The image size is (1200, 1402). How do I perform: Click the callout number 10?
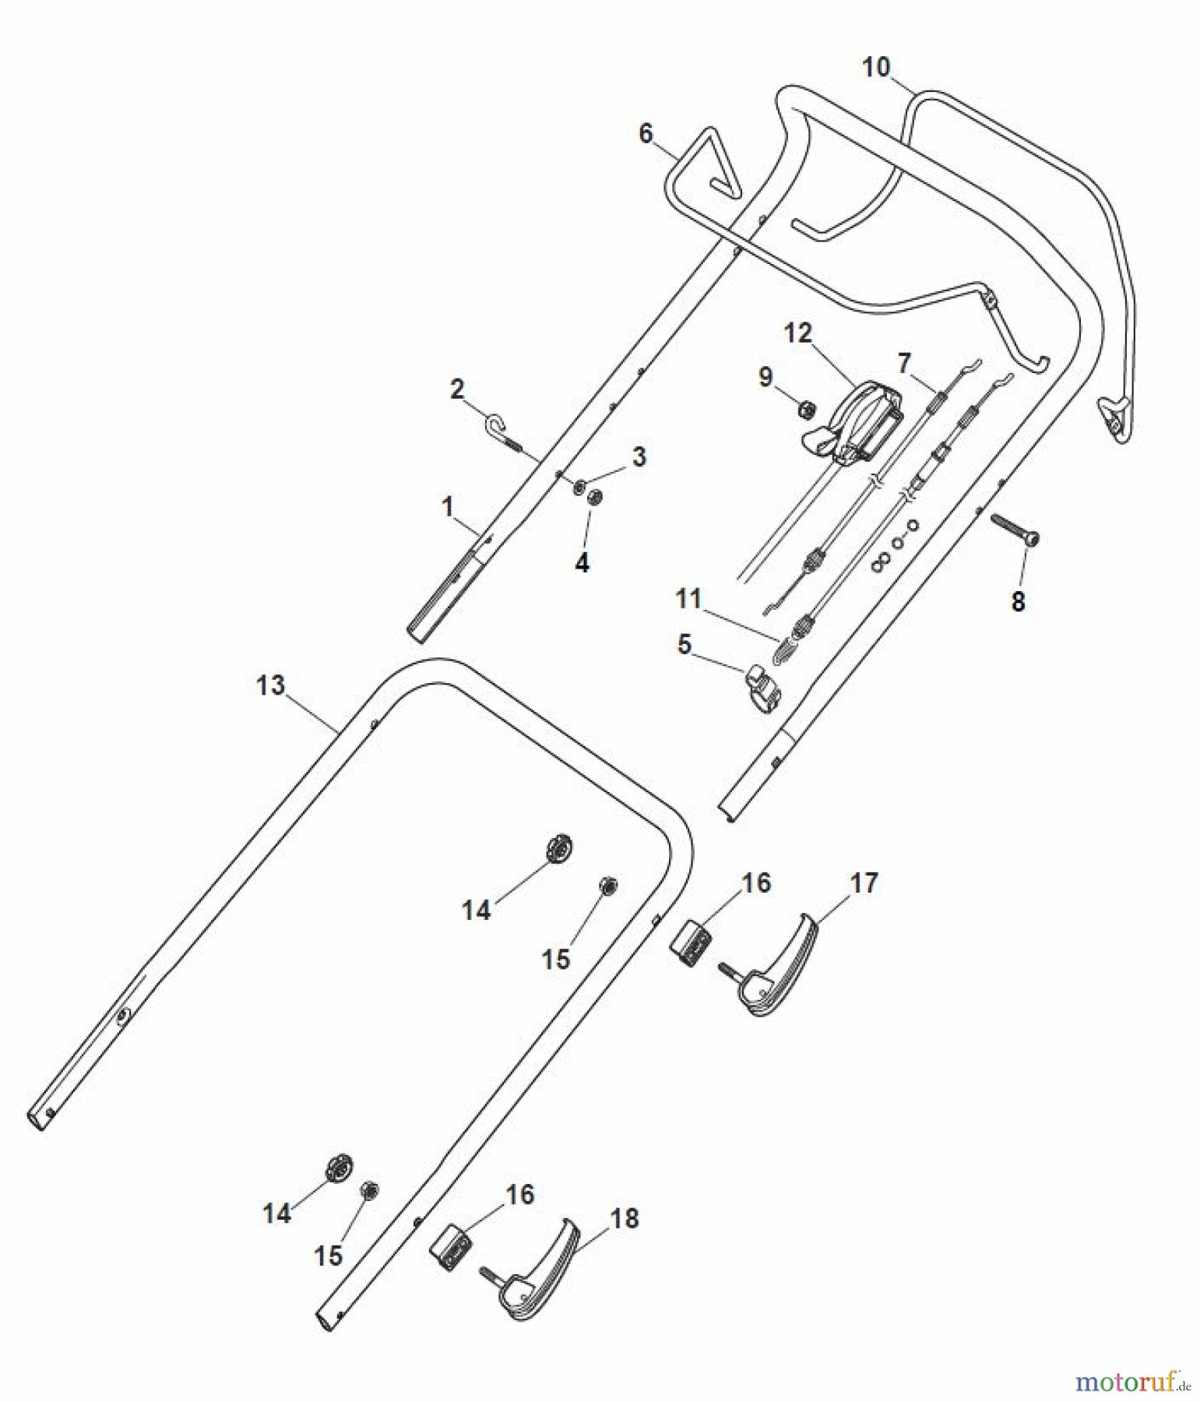[876, 67]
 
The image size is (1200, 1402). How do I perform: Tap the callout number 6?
[646, 133]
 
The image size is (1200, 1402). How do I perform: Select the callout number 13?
[271, 686]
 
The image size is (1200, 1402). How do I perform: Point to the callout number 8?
[1018, 601]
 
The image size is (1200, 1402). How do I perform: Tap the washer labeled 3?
[580, 487]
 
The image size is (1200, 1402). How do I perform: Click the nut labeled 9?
[808, 408]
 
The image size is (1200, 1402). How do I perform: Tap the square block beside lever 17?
[690, 943]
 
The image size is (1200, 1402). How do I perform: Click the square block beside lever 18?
[450, 1246]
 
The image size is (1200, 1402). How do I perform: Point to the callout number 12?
[797, 333]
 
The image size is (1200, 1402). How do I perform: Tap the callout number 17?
[864, 882]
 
